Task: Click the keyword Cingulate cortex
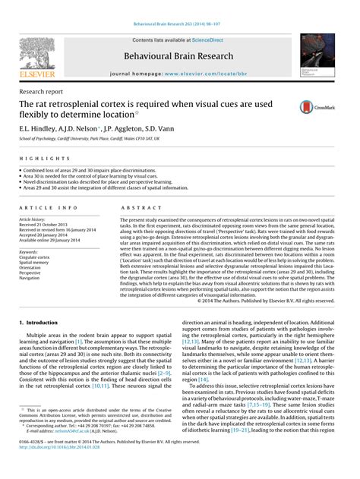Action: pos(36,257)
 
